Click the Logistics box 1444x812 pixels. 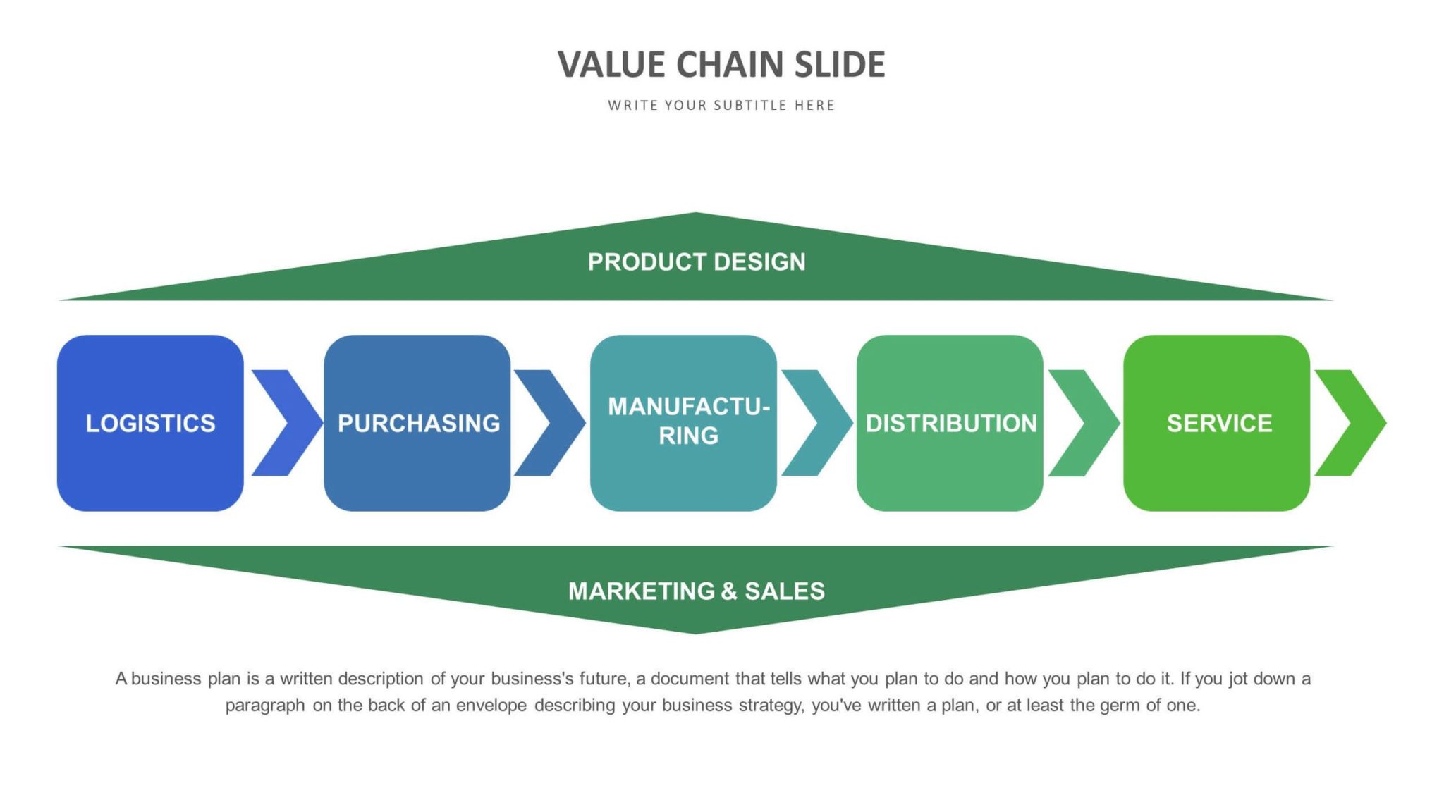tap(150, 423)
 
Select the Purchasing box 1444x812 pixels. tap(417, 423)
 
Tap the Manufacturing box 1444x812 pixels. tap(684, 423)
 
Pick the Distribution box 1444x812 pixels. tap(950, 423)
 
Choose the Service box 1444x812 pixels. tap(1217, 423)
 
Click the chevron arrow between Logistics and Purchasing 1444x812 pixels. tap(286, 423)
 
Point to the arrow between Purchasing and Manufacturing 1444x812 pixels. tap(549, 423)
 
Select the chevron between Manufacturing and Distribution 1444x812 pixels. tap(816, 423)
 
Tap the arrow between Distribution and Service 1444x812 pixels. tap(1083, 423)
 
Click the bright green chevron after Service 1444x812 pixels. tap(1350, 423)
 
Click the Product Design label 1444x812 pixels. tap(697, 262)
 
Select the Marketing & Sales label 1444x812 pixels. tap(697, 591)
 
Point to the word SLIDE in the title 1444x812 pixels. tap(840, 65)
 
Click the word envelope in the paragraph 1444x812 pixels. tap(491, 706)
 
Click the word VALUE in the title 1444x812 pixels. tap(611, 65)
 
